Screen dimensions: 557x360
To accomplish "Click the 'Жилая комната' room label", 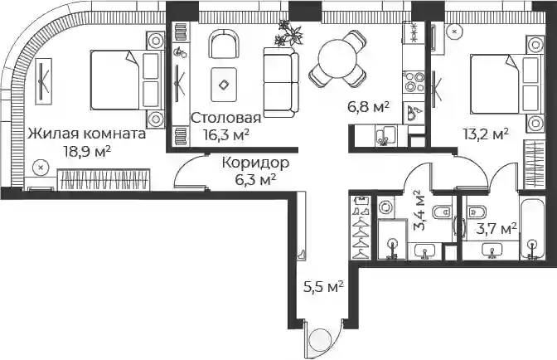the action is pyautogui.click(x=87, y=134).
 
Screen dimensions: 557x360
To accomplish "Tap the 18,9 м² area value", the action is pyautogui.click(x=87, y=152).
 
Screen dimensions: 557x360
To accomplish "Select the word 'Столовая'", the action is pyautogui.click(x=226, y=118).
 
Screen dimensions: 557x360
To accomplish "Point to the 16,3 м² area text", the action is pyautogui.click(x=225, y=134).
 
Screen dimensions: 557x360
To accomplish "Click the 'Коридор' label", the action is pyautogui.click(x=256, y=163).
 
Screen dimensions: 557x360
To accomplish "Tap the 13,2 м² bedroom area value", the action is pyautogui.click(x=485, y=134).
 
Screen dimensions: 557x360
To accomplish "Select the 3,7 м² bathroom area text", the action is pyautogui.click(x=496, y=230).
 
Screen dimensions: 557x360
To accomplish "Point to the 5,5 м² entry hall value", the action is pyautogui.click(x=323, y=286).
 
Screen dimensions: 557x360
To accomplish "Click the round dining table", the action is pyautogui.click(x=337, y=59).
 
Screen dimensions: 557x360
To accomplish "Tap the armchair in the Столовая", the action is pyautogui.click(x=224, y=45).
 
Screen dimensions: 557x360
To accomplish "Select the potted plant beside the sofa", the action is pyautogui.click(x=289, y=34).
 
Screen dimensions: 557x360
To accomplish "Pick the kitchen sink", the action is pyautogui.click(x=385, y=135).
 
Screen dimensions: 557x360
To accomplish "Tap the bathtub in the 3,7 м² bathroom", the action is pyautogui.click(x=532, y=228).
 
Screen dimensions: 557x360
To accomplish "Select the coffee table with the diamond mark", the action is pyautogui.click(x=224, y=85).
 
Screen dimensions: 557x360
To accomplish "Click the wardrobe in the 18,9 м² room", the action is pyautogui.click(x=104, y=179).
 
